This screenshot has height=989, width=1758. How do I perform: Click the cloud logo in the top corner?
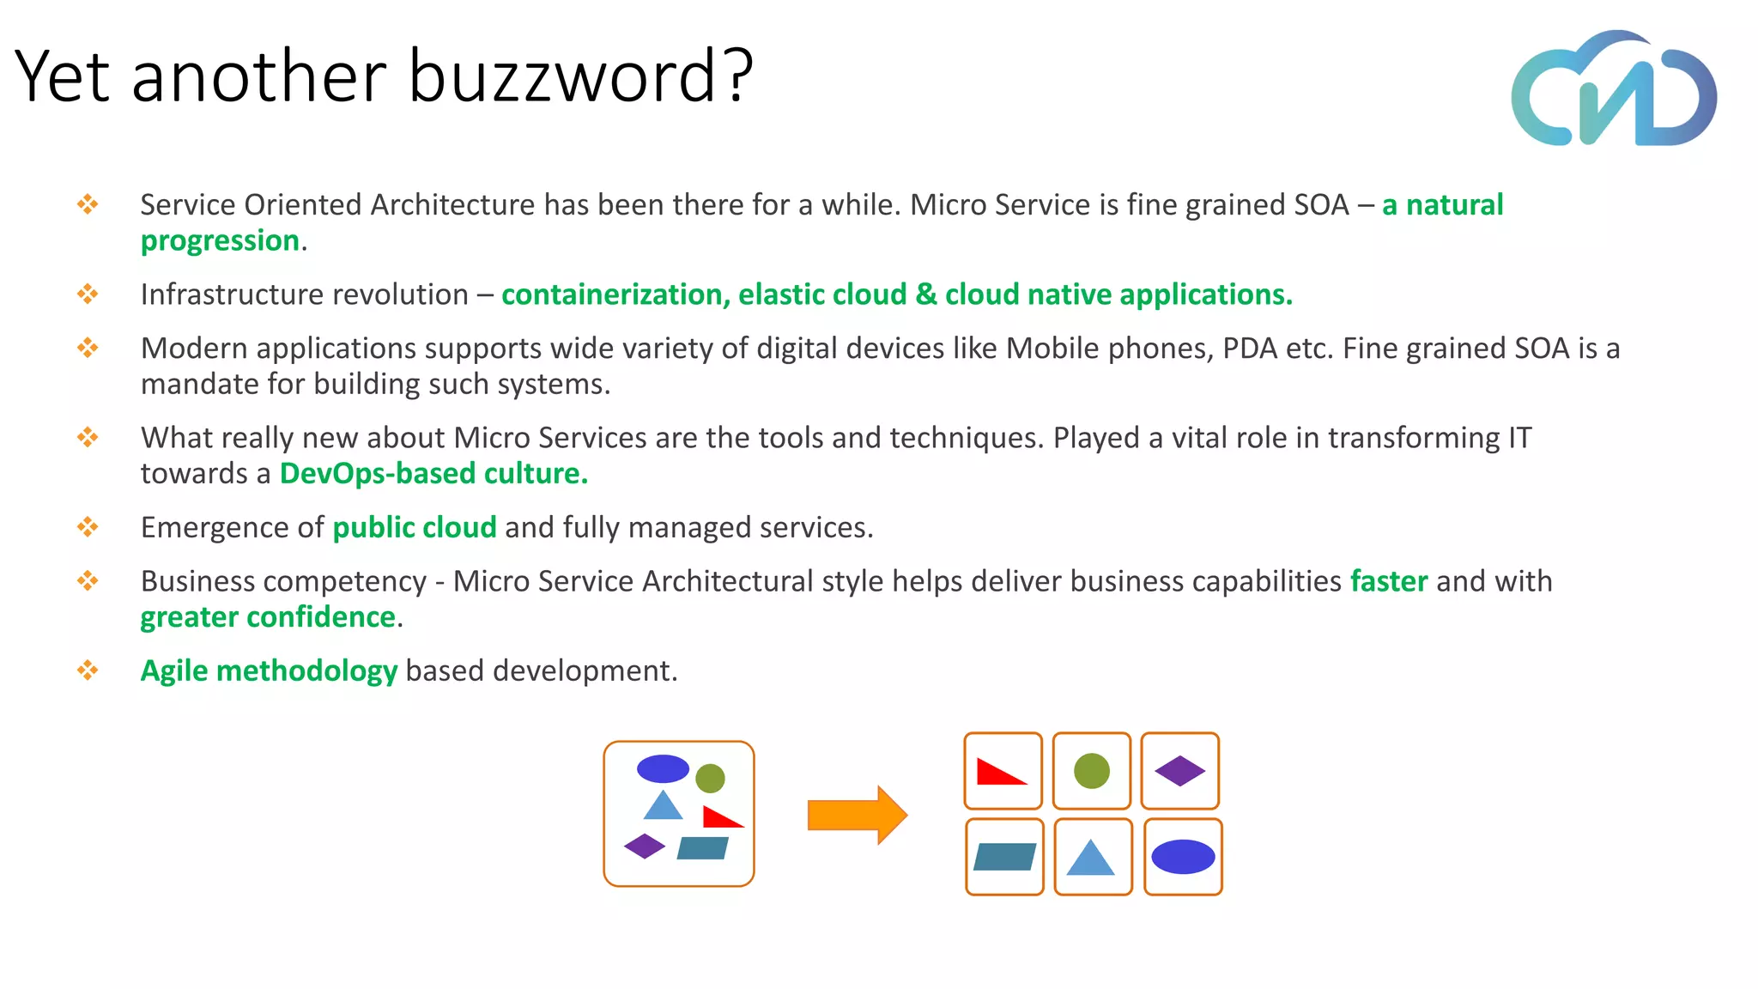[1614, 89]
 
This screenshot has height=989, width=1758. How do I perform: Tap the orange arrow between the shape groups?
[857, 815]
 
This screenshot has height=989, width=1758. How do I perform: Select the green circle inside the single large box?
[710, 779]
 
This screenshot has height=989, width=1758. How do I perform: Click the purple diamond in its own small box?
[1180, 771]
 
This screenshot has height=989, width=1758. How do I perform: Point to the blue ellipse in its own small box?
[1183, 857]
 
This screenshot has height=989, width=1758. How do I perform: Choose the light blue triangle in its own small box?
[1091, 859]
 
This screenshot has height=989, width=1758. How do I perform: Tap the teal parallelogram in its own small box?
[1004, 857]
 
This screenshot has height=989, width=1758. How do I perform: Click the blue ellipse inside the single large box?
[663, 768]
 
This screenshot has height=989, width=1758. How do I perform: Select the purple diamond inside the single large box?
[645, 846]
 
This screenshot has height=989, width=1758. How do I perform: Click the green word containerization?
[615, 294]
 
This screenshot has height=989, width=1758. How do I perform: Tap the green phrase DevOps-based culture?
[433, 474]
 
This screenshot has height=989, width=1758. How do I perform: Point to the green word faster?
[1389, 581]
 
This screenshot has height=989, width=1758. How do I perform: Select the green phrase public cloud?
[415, 527]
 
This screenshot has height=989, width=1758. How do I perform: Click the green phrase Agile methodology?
[269, 670]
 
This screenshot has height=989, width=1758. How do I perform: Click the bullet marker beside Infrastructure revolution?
[88, 294]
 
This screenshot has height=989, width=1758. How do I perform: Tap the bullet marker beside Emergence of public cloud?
[88, 527]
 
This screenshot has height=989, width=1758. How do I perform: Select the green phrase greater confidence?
[268, 617]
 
